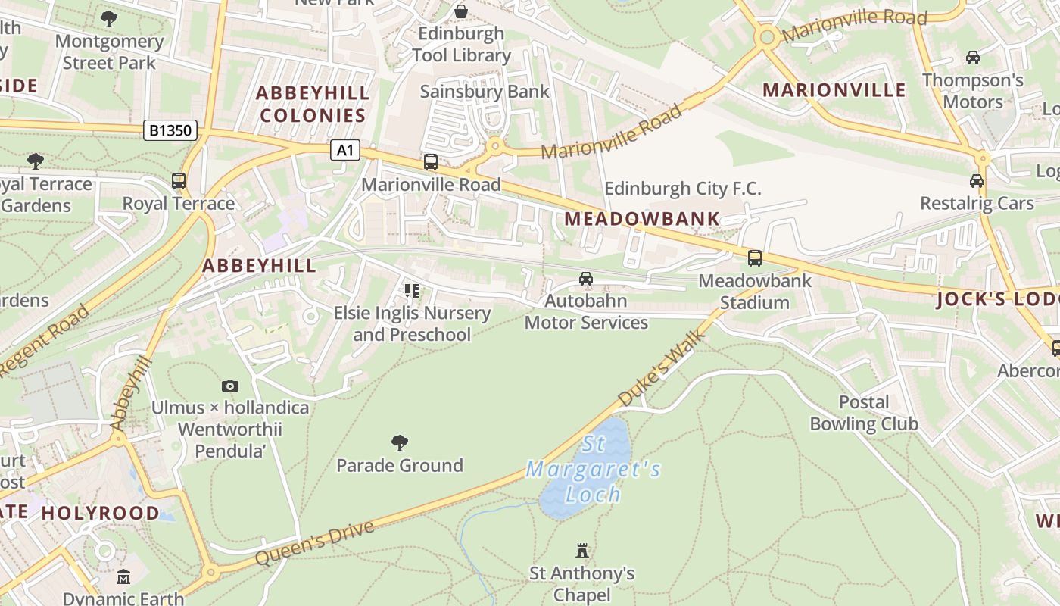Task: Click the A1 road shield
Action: (x=344, y=150)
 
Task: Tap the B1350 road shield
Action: (x=170, y=130)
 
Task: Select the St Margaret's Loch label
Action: (x=594, y=470)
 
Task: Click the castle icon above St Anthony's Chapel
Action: (x=582, y=550)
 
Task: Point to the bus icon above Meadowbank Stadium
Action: (x=755, y=258)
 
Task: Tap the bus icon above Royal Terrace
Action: (x=179, y=181)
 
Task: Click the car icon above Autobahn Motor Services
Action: (x=586, y=279)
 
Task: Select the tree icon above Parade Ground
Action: (x=400, y=443)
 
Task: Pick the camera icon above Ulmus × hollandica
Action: (x=230, y=386)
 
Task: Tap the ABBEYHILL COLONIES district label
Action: (x=313, y=104)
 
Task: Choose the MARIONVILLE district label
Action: (x=834, y=90)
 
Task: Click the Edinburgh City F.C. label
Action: (x=683, y=189)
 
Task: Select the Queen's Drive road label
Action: (x=315, y=543)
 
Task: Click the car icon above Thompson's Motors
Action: (x=973, y=58)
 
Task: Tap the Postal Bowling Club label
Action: (x=864, y=413)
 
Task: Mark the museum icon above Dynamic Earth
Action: (x=123, y=578)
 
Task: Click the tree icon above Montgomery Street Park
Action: (x=109, y=19)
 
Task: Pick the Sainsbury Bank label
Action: (x=485, y=92)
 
